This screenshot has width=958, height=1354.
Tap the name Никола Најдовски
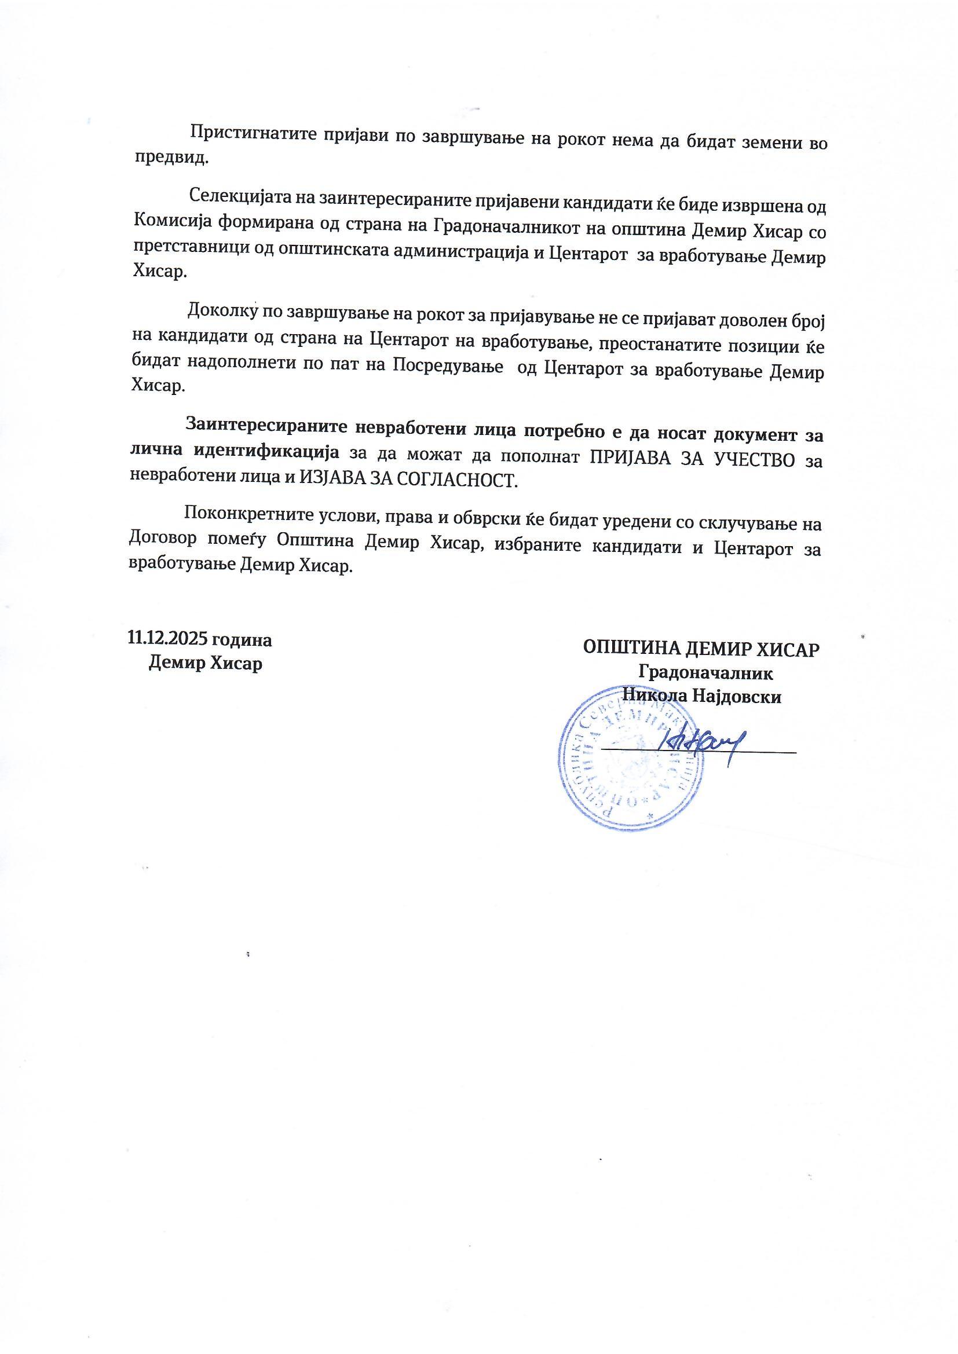702,697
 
